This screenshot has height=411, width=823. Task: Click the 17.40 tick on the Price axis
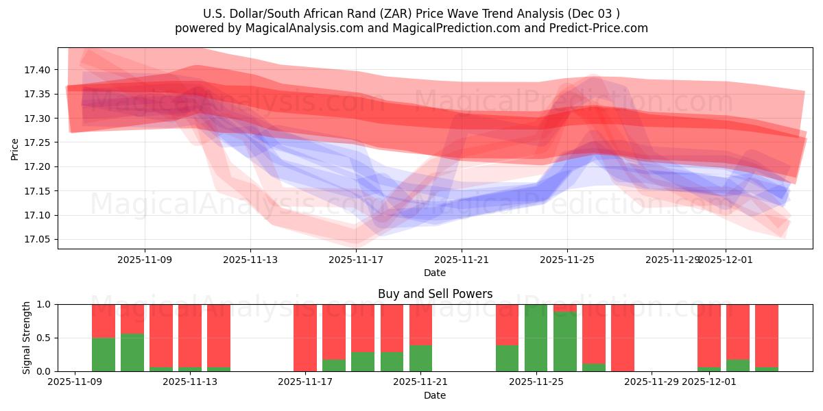[x=38, y=70]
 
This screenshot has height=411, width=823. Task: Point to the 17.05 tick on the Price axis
[x=38, y=240]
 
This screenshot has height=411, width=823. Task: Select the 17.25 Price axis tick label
[x=38, y=142]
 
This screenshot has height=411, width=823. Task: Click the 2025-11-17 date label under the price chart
[x=356, y=260]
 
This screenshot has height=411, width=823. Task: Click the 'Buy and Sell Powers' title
[x=435, y=294]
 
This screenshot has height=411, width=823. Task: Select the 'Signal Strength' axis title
[x=27, y=338]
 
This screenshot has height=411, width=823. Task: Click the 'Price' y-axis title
[x=15, y=148]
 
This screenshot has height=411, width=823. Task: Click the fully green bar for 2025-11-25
[x=536, y=338]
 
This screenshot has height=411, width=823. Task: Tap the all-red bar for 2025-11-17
[x=305, y=338]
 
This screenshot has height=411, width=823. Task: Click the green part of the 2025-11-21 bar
[x=420, y=358]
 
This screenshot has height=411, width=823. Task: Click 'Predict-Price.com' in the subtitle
[x=604, y=28]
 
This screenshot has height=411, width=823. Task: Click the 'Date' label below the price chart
[x=435, y=273]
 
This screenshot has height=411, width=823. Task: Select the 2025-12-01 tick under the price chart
[x=726, y=260]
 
